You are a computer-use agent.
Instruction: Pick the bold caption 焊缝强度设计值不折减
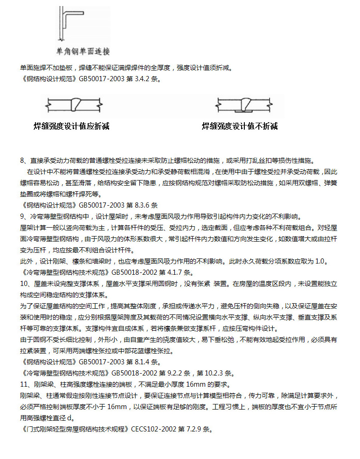(240, 126)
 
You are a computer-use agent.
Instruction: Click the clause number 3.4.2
(140, 79)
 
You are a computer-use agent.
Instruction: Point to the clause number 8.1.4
(140, 362)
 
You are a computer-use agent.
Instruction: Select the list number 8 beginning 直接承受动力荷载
(22, 160)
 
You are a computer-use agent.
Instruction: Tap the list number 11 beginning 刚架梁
(24, 384)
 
